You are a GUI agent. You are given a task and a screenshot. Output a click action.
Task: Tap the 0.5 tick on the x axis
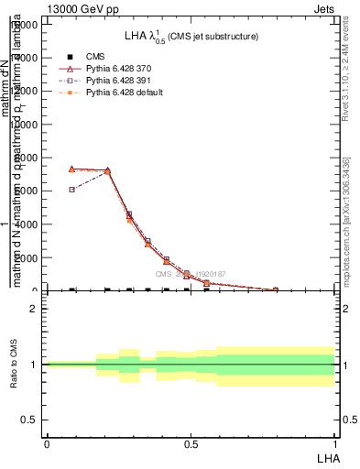(x=191, y=443)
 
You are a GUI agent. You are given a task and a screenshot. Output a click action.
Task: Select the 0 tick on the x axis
(x=47, y=443)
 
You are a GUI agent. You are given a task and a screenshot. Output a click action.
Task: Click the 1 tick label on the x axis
(x=334, y=443)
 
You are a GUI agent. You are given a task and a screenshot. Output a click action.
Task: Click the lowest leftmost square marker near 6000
(x=71, y=190)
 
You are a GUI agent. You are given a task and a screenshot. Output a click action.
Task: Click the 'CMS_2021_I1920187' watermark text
(x=190, y=274)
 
